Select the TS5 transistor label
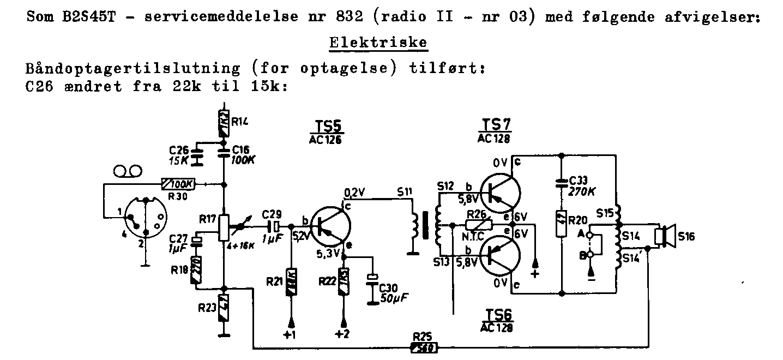[x=327, y=128]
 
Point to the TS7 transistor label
[x=494, y=124]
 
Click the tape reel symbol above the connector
[x=128, y=172]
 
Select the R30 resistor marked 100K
[x=178, y=185]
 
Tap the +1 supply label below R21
[x=290, y=334]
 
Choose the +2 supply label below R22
[x=342, y=334]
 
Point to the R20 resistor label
[x=579, y=220]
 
